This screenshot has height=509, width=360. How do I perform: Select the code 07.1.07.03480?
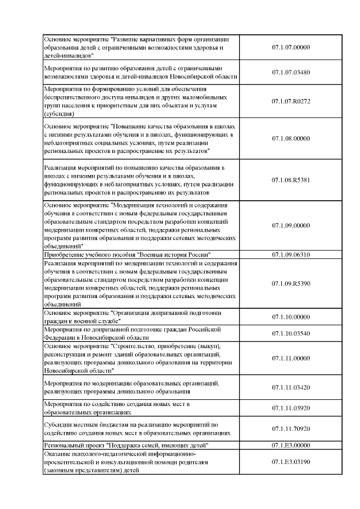coord(291,73)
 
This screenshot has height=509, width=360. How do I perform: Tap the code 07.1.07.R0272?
coord(291,101)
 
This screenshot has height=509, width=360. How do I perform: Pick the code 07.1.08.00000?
coord(291,138)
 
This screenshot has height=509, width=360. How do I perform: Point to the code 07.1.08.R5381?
coord(291,180)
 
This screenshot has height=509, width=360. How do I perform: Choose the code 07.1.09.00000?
coord(291,226)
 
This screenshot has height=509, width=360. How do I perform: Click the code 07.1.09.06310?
coord(291,254)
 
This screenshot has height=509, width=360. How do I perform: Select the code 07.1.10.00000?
coord(291,317)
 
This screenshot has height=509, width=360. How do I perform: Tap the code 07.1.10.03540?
coord(291,334)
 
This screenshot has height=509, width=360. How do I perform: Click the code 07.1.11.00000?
coord(291,358)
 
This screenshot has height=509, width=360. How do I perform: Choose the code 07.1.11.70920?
coord(291,429)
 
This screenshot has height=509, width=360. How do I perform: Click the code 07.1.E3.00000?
coord(291,445)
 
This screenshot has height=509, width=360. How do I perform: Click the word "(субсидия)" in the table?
coord(59,113)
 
